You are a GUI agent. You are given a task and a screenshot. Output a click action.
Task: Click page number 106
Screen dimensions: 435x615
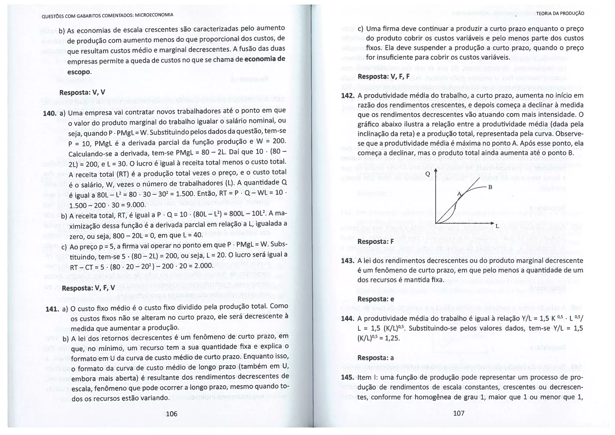pos(171,414)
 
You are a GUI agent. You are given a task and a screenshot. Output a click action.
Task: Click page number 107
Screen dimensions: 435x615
pos(459,413)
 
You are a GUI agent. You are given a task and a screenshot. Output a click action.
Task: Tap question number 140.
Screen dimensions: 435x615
pos(50,113)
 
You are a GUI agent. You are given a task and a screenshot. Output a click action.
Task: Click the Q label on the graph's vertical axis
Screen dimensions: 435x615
pos(428,174)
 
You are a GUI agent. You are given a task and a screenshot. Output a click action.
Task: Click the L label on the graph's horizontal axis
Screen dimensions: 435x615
pos(497,225)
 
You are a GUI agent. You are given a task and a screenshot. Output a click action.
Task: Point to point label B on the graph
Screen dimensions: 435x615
pos(490,187)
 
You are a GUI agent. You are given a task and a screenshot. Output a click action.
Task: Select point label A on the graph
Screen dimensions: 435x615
pos(459,194)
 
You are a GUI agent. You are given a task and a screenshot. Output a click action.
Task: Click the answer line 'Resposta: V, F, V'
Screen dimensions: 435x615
pos(88,288)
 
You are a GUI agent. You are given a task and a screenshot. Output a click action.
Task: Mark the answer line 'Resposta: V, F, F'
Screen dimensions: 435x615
pos(383,76)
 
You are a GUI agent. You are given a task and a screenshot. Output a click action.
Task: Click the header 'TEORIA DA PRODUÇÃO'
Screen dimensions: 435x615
pos(560,14)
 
